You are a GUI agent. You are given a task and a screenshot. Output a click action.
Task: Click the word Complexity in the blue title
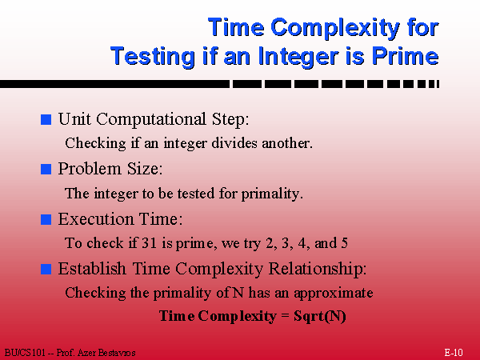coord(335,28)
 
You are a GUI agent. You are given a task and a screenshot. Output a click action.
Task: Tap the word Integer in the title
coord(298,57)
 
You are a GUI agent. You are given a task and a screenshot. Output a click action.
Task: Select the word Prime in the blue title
coord(405,56)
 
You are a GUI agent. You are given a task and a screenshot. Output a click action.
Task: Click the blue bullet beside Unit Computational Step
coord(46,119)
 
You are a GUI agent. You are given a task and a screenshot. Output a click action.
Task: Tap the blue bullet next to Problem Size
coord(46,169)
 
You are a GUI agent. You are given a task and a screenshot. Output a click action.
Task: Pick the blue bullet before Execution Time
coord(46,219)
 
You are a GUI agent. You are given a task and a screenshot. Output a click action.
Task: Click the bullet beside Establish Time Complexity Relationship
coord(46,269)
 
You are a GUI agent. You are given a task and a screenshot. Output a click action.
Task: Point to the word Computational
coord(151,119)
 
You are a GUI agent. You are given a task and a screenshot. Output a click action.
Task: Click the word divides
coord(234,142)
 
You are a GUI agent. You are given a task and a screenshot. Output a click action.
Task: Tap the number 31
coord(150,243)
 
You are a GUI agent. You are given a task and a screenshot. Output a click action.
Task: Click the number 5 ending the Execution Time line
coord(344,243)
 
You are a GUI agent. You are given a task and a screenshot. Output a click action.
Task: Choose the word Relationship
coord(318,269)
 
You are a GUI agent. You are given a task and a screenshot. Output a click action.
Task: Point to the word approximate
coord(334,294)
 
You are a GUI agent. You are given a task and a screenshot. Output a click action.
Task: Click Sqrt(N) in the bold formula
coord(319,316)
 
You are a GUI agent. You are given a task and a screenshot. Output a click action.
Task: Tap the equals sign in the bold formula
coord(285,316)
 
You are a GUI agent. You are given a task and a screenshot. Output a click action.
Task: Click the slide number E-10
coord(454,352)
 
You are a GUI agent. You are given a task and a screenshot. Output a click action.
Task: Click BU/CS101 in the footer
coord(25,353)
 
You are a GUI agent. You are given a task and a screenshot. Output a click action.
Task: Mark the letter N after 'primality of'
coord(238,293)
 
